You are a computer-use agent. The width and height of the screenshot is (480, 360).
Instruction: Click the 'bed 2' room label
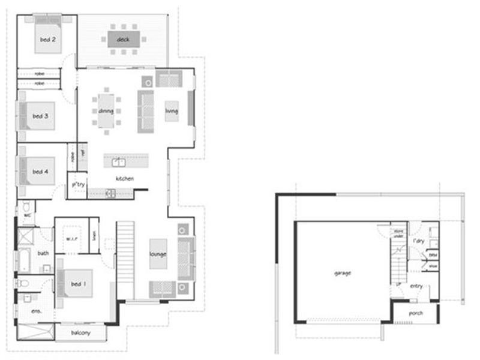coord(48,40)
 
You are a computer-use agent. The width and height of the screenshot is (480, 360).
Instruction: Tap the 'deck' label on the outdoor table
coord(124,40)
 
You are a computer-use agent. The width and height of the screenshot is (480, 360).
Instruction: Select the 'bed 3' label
coord(40,116)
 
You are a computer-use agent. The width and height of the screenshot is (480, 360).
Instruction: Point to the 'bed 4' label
coord(40,172)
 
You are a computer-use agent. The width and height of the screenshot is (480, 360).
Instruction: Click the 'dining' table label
coord(106,111)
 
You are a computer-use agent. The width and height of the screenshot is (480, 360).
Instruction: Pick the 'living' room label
coord(172,110)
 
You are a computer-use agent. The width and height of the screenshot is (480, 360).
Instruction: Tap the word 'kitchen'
coord(124,179)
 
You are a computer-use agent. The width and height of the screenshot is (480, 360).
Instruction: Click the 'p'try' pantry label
coord(78,185)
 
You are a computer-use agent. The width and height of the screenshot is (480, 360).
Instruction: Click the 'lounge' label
coord(158,254)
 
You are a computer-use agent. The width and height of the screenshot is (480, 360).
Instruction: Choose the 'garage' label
coord(343,273)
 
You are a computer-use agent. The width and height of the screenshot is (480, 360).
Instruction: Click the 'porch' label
coord(415,313)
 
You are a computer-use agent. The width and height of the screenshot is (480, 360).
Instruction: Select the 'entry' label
coord(416,286)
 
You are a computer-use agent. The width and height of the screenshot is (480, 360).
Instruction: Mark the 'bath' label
coord(43,253)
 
